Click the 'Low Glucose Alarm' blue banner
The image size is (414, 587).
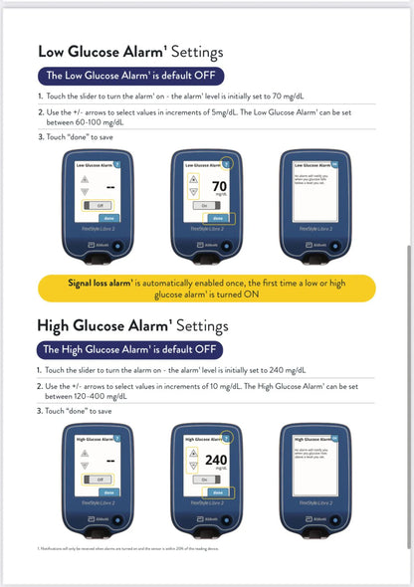coord(130,76)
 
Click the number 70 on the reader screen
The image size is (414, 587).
coord(221,186)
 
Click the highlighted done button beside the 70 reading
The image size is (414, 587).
coord(230,217)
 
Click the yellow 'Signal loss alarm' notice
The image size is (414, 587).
coord(208,288)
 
